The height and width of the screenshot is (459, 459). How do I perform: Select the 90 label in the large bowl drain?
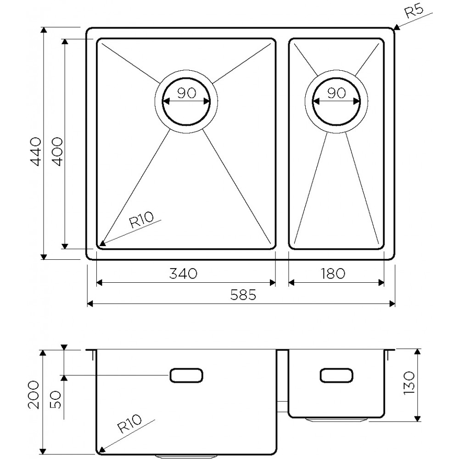click(x=186, y=93)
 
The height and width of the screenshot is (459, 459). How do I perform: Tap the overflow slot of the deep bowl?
click(x=186, y=375)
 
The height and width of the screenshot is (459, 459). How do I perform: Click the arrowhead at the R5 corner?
click(x=397, y=28)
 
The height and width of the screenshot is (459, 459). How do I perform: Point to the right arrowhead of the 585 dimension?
click(x=392, y=303)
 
